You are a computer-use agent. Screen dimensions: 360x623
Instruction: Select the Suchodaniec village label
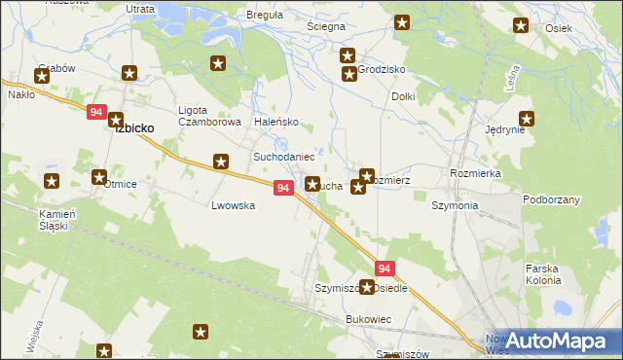click(x=283, y=157)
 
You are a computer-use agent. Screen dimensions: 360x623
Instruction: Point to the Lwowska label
click(x=234, y=206)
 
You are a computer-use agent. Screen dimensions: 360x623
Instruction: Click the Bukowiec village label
click(x=368, y=319)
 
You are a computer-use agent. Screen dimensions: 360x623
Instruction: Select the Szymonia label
click(x=455, y=206)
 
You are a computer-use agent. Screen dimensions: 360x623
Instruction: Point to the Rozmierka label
click(x=475, y=172)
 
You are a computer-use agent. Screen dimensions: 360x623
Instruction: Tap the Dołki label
click(x=403, y=97)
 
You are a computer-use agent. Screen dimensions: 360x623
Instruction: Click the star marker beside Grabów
click(x=43, y=74)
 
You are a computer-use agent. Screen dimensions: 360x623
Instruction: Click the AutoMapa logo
click(x=557, y=342)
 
